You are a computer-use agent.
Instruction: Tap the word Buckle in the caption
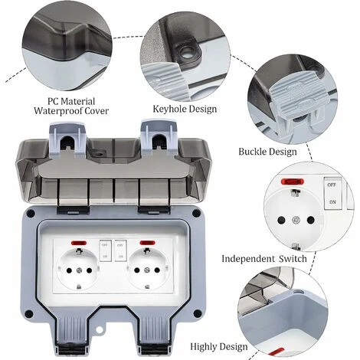pos(252,152)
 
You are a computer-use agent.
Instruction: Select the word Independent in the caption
pos(248,259)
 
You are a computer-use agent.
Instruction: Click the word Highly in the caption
pos(204,347)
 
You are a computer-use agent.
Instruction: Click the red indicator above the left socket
pos(79,243)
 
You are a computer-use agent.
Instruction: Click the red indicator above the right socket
pos(148,243)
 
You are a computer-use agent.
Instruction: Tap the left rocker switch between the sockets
pos(106,250)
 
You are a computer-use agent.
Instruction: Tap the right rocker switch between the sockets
pos(120,250)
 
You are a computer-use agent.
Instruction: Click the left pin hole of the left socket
pos(68,270)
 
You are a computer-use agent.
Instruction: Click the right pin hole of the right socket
pos(157,270)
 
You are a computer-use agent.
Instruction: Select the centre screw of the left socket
pos(79,270)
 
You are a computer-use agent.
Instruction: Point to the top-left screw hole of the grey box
pos(31,213)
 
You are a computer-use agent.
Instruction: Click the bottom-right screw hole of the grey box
pos(197,313)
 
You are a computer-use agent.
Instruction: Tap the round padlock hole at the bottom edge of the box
pos(100,330)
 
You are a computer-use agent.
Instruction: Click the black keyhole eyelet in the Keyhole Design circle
pos(188,53)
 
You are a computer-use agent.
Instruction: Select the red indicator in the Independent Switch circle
pos(293,182)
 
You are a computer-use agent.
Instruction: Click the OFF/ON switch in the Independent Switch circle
pos(332,193)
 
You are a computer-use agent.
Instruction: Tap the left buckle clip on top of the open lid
pos(68,139)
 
